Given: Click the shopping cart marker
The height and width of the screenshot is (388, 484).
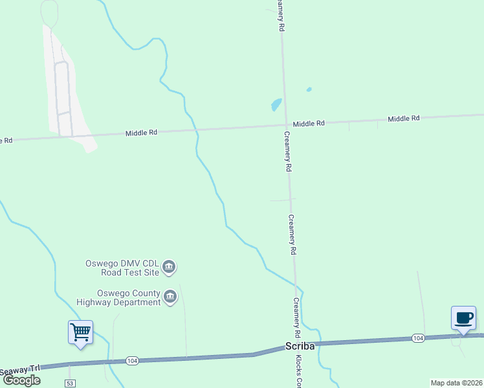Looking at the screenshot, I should [80, 332].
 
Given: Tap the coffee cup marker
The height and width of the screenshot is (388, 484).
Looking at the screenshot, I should [463, 318].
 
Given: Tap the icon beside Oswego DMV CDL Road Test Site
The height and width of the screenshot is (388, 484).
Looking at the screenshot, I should [169, 266].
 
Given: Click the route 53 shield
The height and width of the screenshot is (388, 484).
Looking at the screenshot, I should [70, 383].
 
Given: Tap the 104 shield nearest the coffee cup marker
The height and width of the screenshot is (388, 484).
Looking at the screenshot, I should [417, 338].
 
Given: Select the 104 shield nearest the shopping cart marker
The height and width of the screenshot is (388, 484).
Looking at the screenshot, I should [132, 360].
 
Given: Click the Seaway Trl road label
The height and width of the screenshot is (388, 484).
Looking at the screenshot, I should [19, 371].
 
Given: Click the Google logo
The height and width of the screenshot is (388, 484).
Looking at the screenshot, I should [21, 380].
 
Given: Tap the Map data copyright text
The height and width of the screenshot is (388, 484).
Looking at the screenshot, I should [457, 383].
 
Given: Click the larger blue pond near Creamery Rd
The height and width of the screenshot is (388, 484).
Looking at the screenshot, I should [276, 104].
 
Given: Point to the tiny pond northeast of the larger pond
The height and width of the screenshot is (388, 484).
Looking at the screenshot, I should [309, 89].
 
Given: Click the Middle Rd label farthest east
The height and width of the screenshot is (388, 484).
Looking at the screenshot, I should [404, 118].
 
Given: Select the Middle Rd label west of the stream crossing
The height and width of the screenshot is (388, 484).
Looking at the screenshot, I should [142, 133].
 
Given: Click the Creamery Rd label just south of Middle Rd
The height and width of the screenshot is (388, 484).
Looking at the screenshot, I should [289, 151].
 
